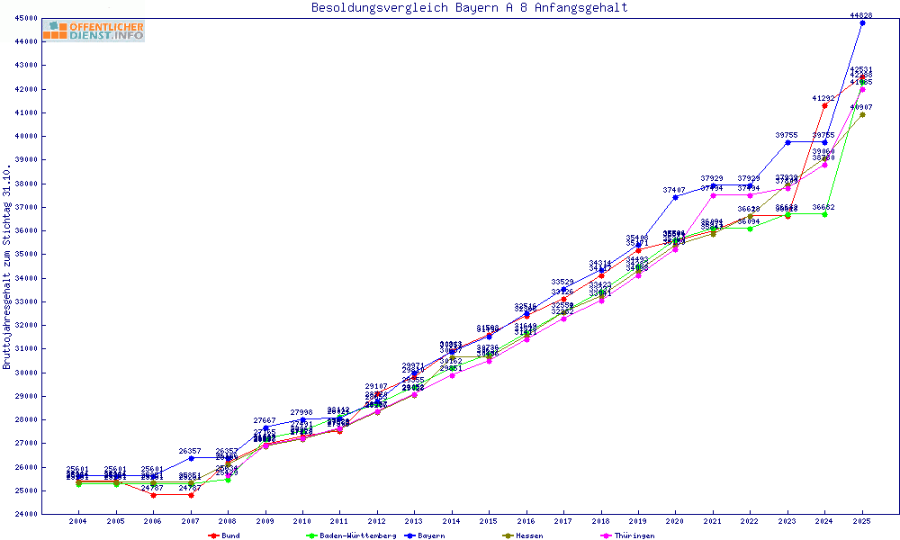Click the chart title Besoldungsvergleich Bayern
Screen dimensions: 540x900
(x=469, y=8)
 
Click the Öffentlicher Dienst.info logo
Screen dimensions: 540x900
(x=94, y=31)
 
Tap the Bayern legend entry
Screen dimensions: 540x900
(x=425, y=535)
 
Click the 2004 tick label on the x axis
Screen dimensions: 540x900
(x=78, y=521)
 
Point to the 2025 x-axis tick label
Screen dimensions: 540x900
(x=862, y=521)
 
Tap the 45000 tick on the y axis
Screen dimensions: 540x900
(x=26, y=18)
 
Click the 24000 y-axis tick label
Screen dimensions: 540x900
(x=26, y=514)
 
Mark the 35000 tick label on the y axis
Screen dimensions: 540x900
(x=26, y=254)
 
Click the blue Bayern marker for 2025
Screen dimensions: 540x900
(x=862, y=22)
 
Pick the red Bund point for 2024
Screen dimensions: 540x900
(x=824, y=105)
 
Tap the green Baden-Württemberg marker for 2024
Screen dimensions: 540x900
(x=824, y=214)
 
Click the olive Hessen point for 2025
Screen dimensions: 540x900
(x=862, y=114)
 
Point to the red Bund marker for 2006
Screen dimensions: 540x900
(x=153, y=495)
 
